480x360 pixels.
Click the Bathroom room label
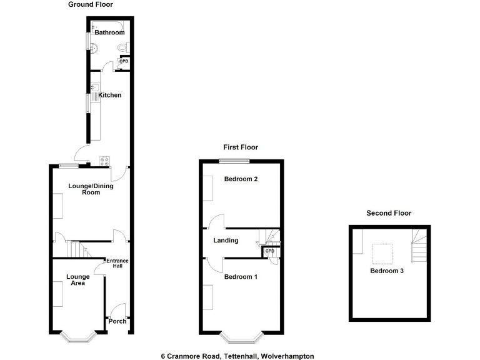[109, 32]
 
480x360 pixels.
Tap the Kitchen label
[109, 95]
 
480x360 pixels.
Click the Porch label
[117, 321]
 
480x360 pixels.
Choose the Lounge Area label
[76, 279]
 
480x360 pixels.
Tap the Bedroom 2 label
[241, 179]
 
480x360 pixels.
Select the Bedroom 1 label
[241, 276]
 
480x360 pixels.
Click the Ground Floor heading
[91, 4]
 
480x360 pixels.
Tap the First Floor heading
[241, 147]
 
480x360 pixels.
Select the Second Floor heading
[389, 213]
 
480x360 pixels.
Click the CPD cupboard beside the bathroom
[124, 61]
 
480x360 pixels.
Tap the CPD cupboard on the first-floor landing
[269, 251]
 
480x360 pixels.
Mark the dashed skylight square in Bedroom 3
[382, 253]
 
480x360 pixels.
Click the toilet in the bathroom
[125, 48]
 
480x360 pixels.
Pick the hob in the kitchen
[104, 160]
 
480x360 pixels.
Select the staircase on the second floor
[419, 246]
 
